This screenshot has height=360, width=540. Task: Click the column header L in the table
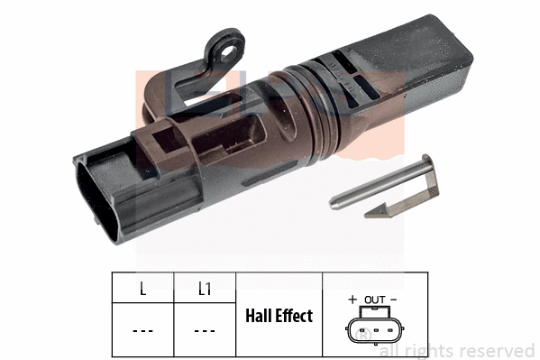tap(142, 290)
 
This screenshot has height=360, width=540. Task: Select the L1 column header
tap(205, 290)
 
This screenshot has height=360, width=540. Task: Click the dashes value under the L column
tap(142, 330)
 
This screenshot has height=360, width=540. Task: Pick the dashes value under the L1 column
tap(205, 330)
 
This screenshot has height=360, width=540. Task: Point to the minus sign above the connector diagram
tap(394, 298)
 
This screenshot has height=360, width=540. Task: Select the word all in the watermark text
tap(390, 350)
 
